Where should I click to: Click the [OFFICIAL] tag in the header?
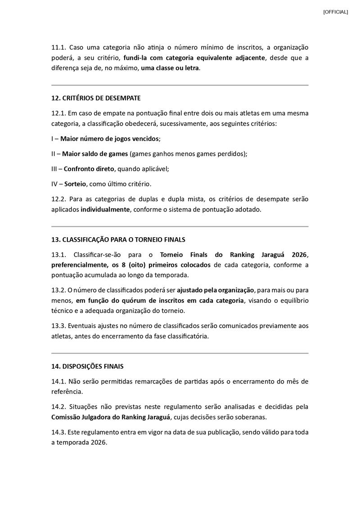[335, 12]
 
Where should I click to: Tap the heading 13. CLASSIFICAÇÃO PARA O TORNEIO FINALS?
[118, 239]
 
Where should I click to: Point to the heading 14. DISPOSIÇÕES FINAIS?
[87, 366]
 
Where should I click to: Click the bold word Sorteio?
[75, 184]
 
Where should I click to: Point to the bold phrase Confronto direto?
[90, 169]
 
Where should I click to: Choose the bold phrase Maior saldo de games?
[95, 154]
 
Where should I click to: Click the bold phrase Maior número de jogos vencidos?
[110, 139]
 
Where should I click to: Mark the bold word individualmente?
[105, 210]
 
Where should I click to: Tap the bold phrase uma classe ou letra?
[170, 68]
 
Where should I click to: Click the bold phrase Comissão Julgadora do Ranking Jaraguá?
[111, 417]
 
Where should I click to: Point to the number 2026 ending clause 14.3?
[98, 442]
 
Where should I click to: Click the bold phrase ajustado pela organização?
[216, 290]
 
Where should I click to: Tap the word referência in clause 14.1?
[67, 392]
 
